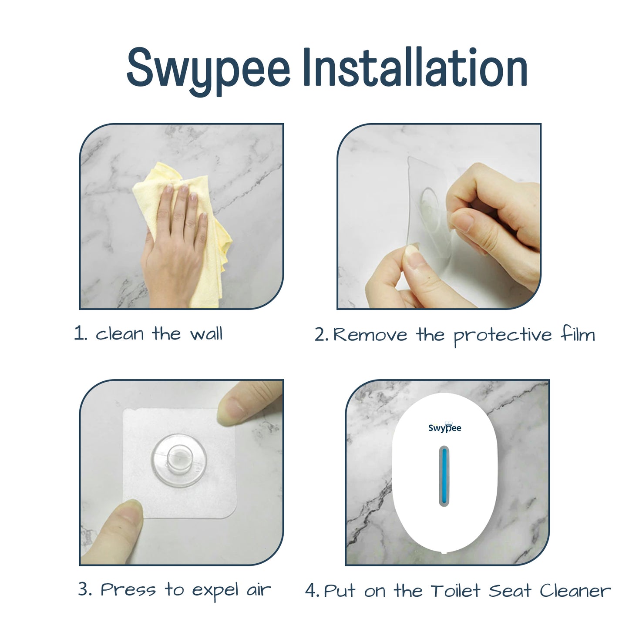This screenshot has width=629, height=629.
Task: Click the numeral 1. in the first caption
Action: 80,333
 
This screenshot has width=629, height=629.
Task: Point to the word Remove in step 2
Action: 370,335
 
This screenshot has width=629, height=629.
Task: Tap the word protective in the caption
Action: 503,336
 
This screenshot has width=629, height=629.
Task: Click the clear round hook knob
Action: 179,460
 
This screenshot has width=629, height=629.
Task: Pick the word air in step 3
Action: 259,590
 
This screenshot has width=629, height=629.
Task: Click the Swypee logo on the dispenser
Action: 444,427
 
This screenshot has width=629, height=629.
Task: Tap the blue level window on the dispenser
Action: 444,476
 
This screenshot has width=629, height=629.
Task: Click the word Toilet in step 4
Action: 456,591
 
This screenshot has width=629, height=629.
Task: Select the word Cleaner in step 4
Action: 575,591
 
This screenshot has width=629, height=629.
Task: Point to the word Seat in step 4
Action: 510,591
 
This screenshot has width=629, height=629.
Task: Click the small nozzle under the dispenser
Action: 444,552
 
